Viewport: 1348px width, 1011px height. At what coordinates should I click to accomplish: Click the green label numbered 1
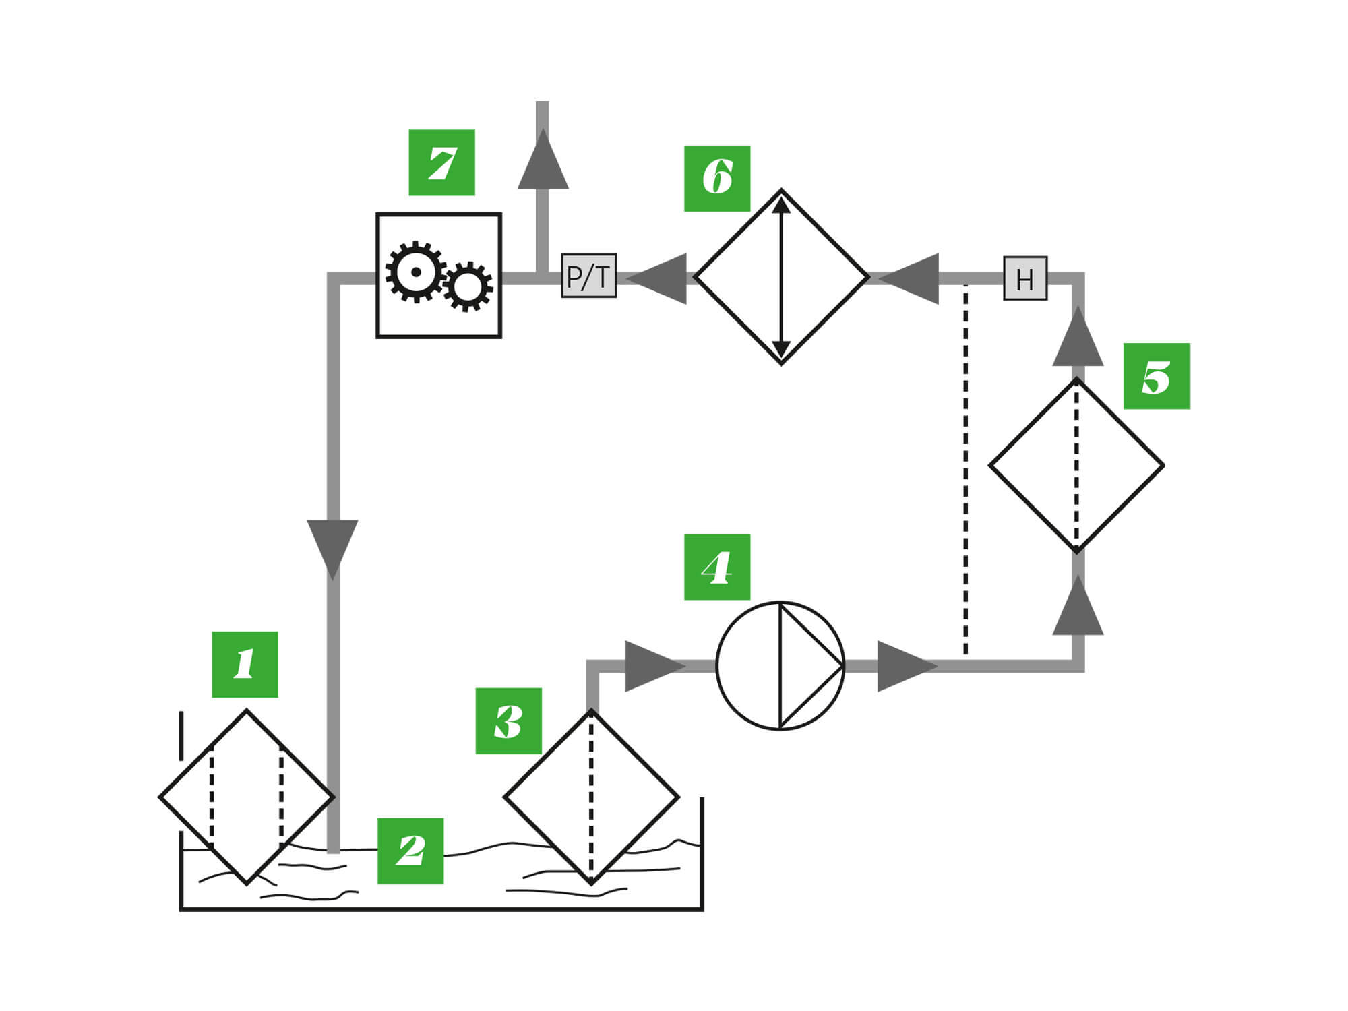pyautogui.click(x=245, y=665)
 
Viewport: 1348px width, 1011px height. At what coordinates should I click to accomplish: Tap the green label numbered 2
pyautogui.click(x=410, y=851)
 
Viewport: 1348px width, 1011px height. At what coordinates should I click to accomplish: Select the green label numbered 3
pyautogui.click(x=508, y=721)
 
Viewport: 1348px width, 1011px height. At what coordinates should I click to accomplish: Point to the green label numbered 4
pyautogui.click(x=717, y=567)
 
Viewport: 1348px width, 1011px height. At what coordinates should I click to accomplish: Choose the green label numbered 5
pyautogui.click(x=1157, y=376)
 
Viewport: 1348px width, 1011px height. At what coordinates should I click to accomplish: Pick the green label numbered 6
pyautogui.click(x=717, y=179)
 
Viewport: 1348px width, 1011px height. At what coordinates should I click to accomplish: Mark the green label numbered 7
pyautogui.click(x=441, y=162)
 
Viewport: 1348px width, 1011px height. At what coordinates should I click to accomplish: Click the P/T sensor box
pyautogui.click(x=588, y=276)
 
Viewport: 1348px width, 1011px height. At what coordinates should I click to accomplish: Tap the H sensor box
pyautogui.click(x=1025, y=278)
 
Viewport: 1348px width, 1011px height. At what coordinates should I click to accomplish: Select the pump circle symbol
pyautogui.click(x=780, y=665)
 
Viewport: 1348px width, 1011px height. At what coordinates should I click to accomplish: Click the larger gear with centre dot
pyautogui.click(x=415, y=272)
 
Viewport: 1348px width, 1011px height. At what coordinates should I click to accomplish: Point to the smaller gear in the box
pyautogui.click(x=467, y=286)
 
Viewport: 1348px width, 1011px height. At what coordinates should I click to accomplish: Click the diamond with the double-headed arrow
pyautogui.click(x=781, y=277)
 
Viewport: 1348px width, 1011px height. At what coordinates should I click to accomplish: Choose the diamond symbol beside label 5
pyautogui.click(x=1076, y=465)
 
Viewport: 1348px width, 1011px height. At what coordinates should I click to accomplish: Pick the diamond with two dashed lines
pyautogui.click(x=246, y=797)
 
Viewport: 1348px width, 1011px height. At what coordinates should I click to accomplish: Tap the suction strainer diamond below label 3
pyautogui.click(x=591, y=797)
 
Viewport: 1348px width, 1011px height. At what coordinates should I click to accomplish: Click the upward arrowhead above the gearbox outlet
pyautogui.click(x=543, y=162)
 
